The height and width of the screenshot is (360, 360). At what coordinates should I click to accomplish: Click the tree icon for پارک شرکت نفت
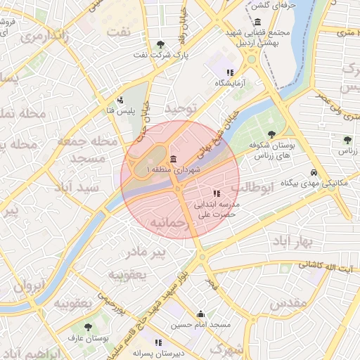coord(154,44)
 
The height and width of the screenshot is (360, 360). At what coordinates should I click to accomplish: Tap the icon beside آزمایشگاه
coord(229,72)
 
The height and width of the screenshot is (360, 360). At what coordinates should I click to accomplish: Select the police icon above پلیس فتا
coord(121,100)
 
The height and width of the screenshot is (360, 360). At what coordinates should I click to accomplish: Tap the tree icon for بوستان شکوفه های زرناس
coord(272,134)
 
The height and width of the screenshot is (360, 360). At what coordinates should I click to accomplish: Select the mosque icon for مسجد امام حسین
coord(201,314)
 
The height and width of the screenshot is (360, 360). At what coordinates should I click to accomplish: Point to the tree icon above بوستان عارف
coord(87,327)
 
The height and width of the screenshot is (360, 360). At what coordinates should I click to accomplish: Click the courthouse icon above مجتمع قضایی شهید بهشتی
coord(258,22)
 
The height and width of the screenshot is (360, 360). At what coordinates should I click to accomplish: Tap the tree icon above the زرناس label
coord(347,140)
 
